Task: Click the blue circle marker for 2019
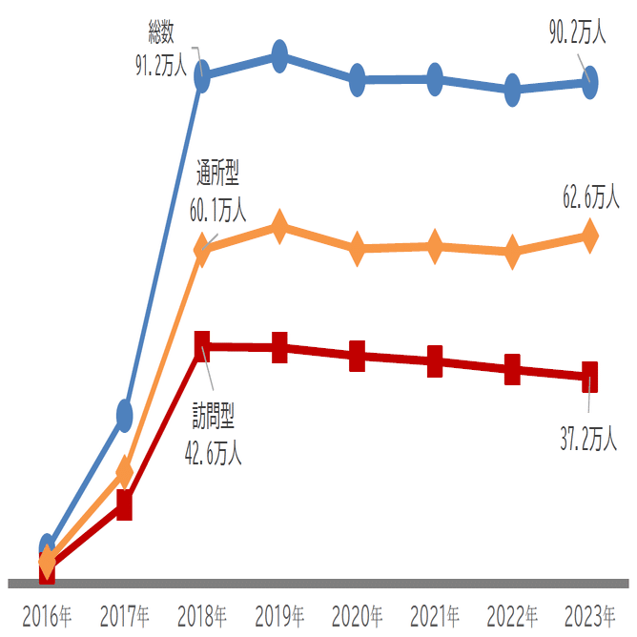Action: pos(279,56)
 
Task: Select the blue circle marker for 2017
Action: pos(124,414)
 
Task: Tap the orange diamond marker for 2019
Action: pos(279,226)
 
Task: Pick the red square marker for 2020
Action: pos(358,357)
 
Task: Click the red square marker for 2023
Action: pos(590,376)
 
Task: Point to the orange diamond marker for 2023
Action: pos(590,235)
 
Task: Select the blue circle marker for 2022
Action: pos(513,90)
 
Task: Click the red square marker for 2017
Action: pos(124,505)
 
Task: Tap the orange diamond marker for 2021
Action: pos(435,247)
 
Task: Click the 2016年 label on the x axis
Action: pos(47,616)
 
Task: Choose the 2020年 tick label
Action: pos(358,616)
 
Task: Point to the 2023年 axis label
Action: pos(590,616)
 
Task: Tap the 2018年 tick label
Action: pos(202,616)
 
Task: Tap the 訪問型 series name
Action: pos(214,417)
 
